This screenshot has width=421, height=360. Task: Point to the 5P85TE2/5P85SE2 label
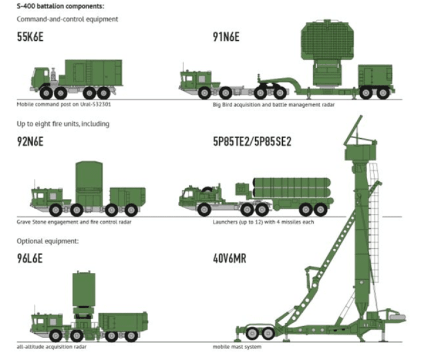252,141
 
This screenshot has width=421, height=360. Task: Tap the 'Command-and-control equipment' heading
67,19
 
